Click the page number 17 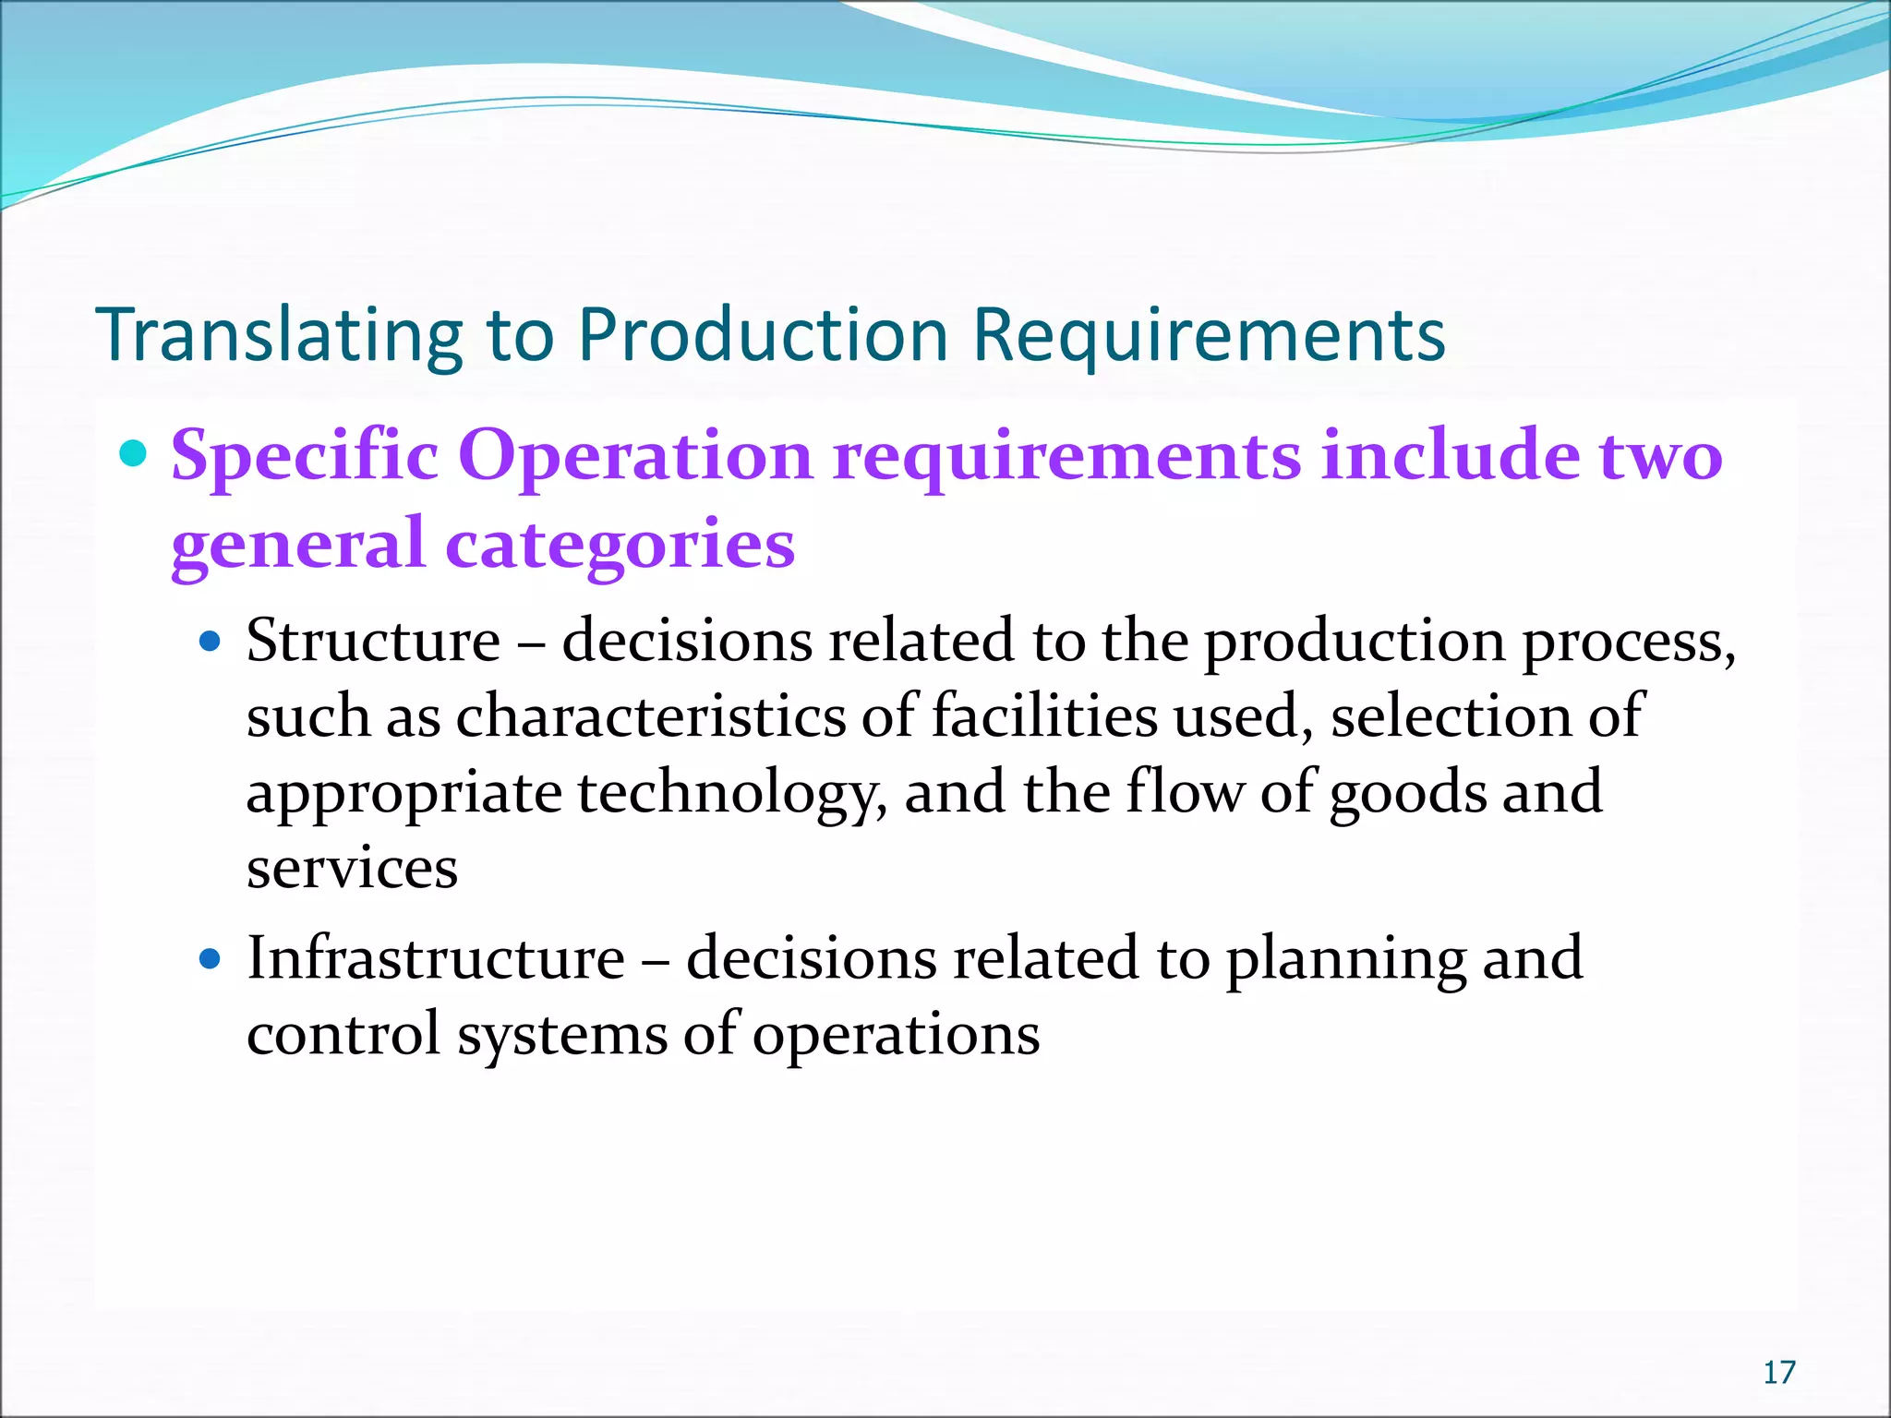click(x=1778, y=1373)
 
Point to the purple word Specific click(x=305, y=455)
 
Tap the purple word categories click(x=620, y=544)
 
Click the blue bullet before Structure click(x=211, y=641)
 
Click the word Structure click(x=373, y=640)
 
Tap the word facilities click(x=1043, y=716)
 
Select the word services click(x=352, y=869)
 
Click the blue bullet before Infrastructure click(x=211, y=959)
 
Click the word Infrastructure click(x=436, y=957)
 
